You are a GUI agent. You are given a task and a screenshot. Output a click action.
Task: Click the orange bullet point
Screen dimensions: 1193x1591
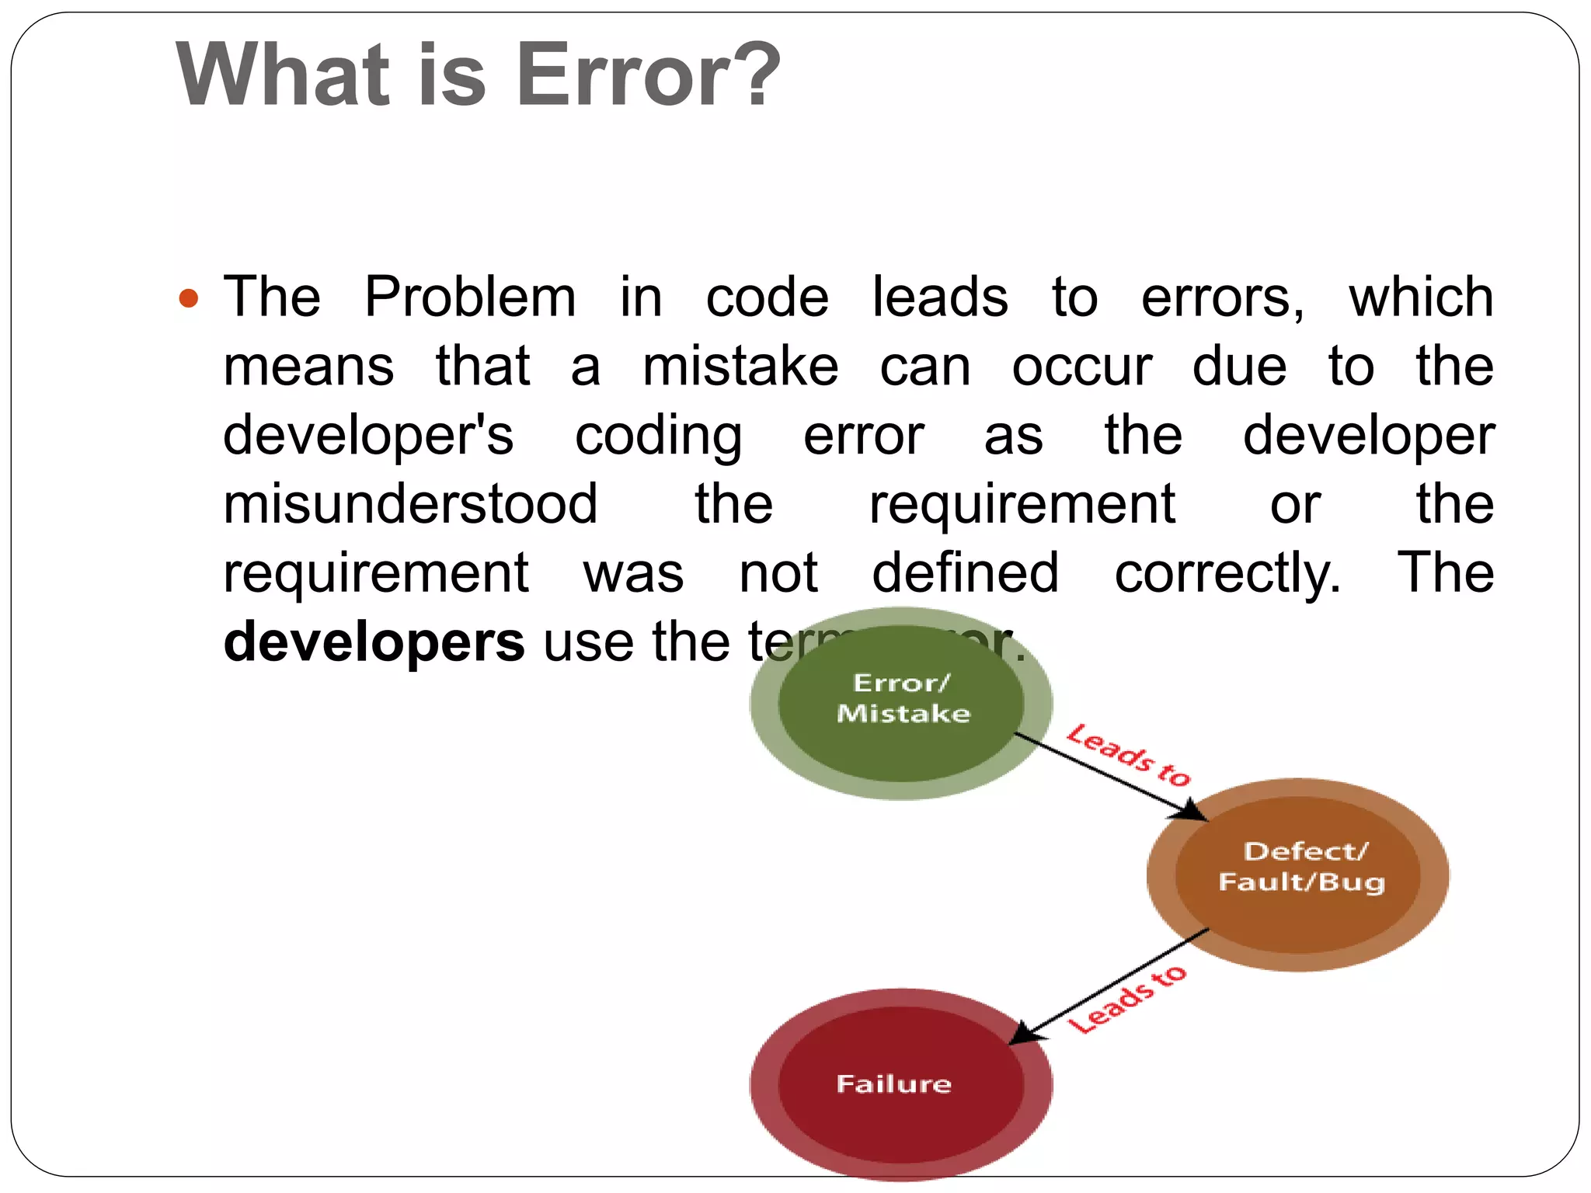[x=189, y=297]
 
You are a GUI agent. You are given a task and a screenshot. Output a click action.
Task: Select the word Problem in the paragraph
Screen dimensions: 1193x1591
[x=470, y=297]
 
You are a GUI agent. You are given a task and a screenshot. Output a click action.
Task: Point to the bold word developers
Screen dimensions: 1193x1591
[x=374, y=642]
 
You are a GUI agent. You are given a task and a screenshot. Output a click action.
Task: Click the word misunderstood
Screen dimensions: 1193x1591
[x=410, y=505]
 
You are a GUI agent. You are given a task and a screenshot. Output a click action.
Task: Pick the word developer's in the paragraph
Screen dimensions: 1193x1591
[x=368, y=436]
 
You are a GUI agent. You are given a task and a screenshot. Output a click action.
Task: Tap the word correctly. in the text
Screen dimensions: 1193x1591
[x=1227, y=574]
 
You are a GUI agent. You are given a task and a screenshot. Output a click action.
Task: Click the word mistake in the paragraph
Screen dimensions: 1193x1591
[x=740, y=367]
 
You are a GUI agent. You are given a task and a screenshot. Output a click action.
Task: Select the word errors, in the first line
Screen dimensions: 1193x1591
[x=1223, y=297]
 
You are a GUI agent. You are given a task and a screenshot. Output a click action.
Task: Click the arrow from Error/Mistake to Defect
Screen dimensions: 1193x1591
[x=1111, y=777]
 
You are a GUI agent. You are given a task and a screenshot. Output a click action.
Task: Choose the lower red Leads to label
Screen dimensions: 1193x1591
[x=1128, y=1000]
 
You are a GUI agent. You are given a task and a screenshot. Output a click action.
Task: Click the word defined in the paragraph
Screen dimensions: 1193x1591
[x=965, y=574]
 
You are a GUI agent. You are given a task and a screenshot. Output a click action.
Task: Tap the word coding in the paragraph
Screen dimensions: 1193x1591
[x=658, y=436]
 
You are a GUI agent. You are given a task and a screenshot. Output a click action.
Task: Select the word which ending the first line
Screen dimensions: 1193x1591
[x=1421, y=297]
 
